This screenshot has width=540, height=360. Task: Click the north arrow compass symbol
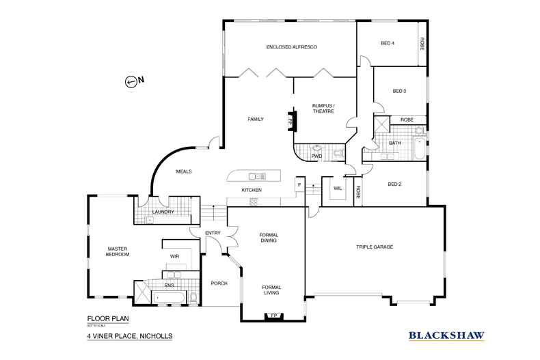(x=131, y=81)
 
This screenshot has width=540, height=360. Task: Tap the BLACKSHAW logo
(x=446, y=335)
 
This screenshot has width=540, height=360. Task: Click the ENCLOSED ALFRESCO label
(x=292, y=46)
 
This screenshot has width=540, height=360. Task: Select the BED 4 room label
(x=388, y=43)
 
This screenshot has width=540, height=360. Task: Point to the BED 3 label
(x=400, y=91)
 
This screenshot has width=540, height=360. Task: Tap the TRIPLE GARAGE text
(x=374, y=247)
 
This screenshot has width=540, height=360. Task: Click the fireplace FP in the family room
(x=291, y=120)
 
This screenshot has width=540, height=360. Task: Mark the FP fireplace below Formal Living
(x=274, y=315)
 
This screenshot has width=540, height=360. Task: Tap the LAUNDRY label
(x=164, y=212)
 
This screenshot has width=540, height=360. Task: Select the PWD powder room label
(x=316, y=156)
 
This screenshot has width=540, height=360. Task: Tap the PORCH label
(x=219, y=283)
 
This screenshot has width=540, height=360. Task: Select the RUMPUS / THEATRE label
(x=323, y=109)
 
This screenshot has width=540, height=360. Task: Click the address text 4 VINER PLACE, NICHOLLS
(x=129, y=336)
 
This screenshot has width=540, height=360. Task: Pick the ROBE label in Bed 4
(x=422, y=43)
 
